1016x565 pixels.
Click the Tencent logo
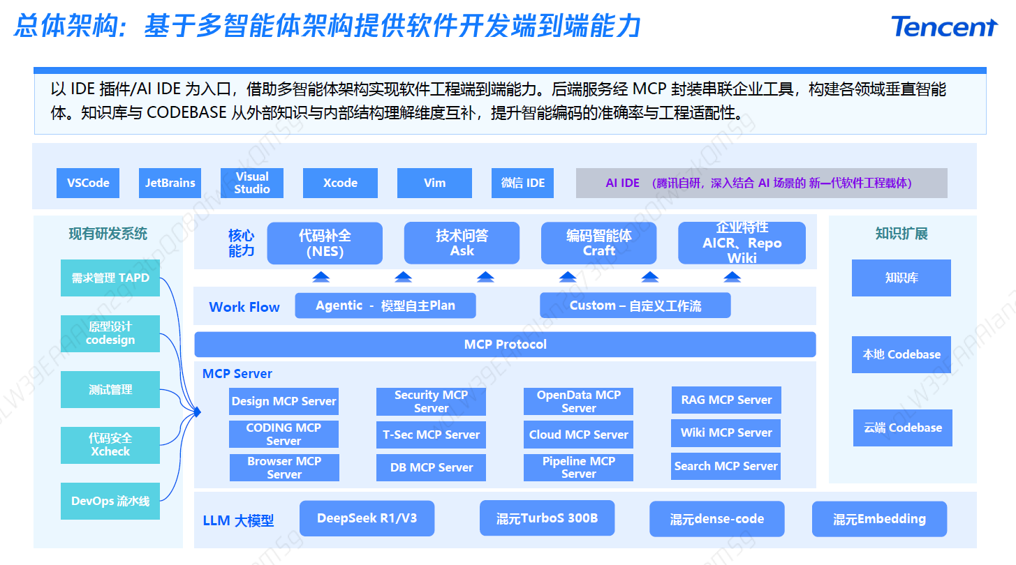tap(944, 27)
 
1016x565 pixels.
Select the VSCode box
tap(88, 183)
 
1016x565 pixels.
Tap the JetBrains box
tap(170, 183)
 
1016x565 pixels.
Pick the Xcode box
tap(340, 183)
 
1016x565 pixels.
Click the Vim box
tap(434, 183)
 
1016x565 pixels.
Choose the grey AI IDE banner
tap(761, 183)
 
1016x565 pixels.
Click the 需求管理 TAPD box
tap(110, 278)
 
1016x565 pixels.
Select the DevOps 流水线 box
tap(110, 501)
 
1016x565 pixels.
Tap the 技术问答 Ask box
tap(462, 243)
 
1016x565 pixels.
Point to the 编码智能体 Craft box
tap(598, 243)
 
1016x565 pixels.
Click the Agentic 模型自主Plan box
tap(385, 306)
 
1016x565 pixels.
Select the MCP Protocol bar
tap(505, 345)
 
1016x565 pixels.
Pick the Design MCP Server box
tap(284, 401)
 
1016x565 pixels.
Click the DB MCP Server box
tap(431, 467)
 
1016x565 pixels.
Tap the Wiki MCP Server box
tap(726, 432)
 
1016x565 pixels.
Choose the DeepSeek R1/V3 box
tap(367, 518)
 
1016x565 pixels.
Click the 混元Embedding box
tap(879, 519)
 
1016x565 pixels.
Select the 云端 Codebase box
tap(903, 428)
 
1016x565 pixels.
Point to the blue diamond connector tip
tap(197, 412)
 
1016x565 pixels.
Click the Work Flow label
tap(244, 307)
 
